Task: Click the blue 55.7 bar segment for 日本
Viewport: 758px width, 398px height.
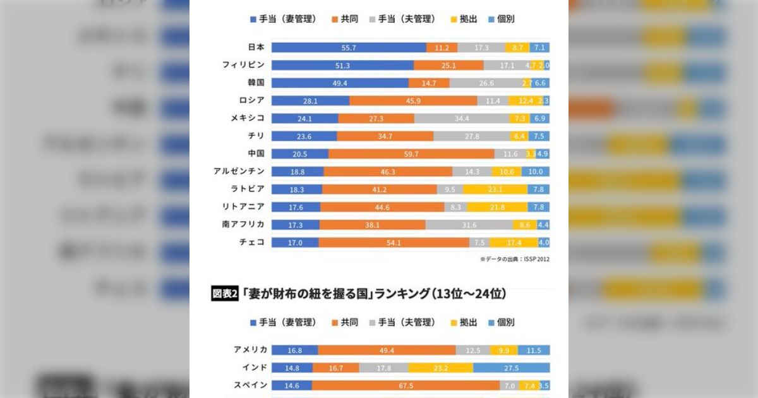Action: pyautogui.click(x=349, y=47)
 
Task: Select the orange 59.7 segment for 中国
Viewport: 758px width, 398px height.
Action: pyautogui.click(x=411, y=154)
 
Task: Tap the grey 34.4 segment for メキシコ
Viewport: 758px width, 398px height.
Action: pyautogui.click(x=462, y=118)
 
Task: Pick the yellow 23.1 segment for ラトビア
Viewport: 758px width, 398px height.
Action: pyautogui.click(x=495, y=189)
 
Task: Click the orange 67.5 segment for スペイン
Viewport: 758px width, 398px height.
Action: pyautogui.click(x=406, y=385)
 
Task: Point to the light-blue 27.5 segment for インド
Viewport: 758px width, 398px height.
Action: pyautogui.click(x=511, y=368)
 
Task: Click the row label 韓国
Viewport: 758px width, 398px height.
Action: pyautogui.click(x=256, y=83)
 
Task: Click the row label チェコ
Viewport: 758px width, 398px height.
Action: pyautogui.click(x=251, y=242)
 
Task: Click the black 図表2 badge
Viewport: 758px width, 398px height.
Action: pyautogui.click(x=224, y=294)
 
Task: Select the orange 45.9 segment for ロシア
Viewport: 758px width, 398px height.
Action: pyautogui.click(x=413, y=100)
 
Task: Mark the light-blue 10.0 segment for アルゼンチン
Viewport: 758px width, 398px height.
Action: pyautogui.click(x=536, y=171)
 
